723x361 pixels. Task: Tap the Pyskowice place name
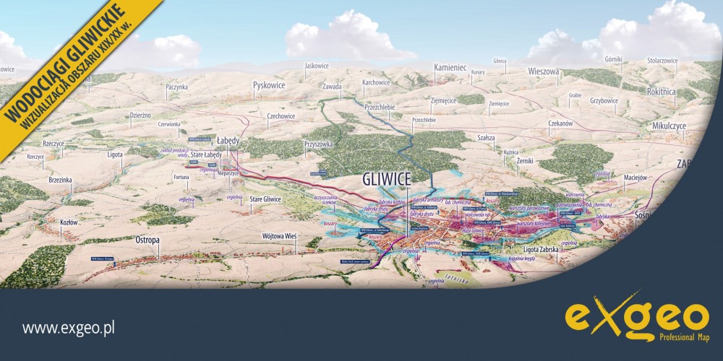pyautogui.click(x=269, y=85)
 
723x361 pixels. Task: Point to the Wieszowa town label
pyautogui.click(x=544, y=71)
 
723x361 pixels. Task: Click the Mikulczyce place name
pyautogui.click(x=649, y=125)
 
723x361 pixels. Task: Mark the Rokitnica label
pyautogui.click(x=662, y=92)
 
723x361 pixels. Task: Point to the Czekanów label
pyautogui.click(x=560, y=123)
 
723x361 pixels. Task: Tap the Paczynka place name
pyautogui.click(x=176, y=87)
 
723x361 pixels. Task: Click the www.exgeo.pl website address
pyautogui.click(x=69, y=329)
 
